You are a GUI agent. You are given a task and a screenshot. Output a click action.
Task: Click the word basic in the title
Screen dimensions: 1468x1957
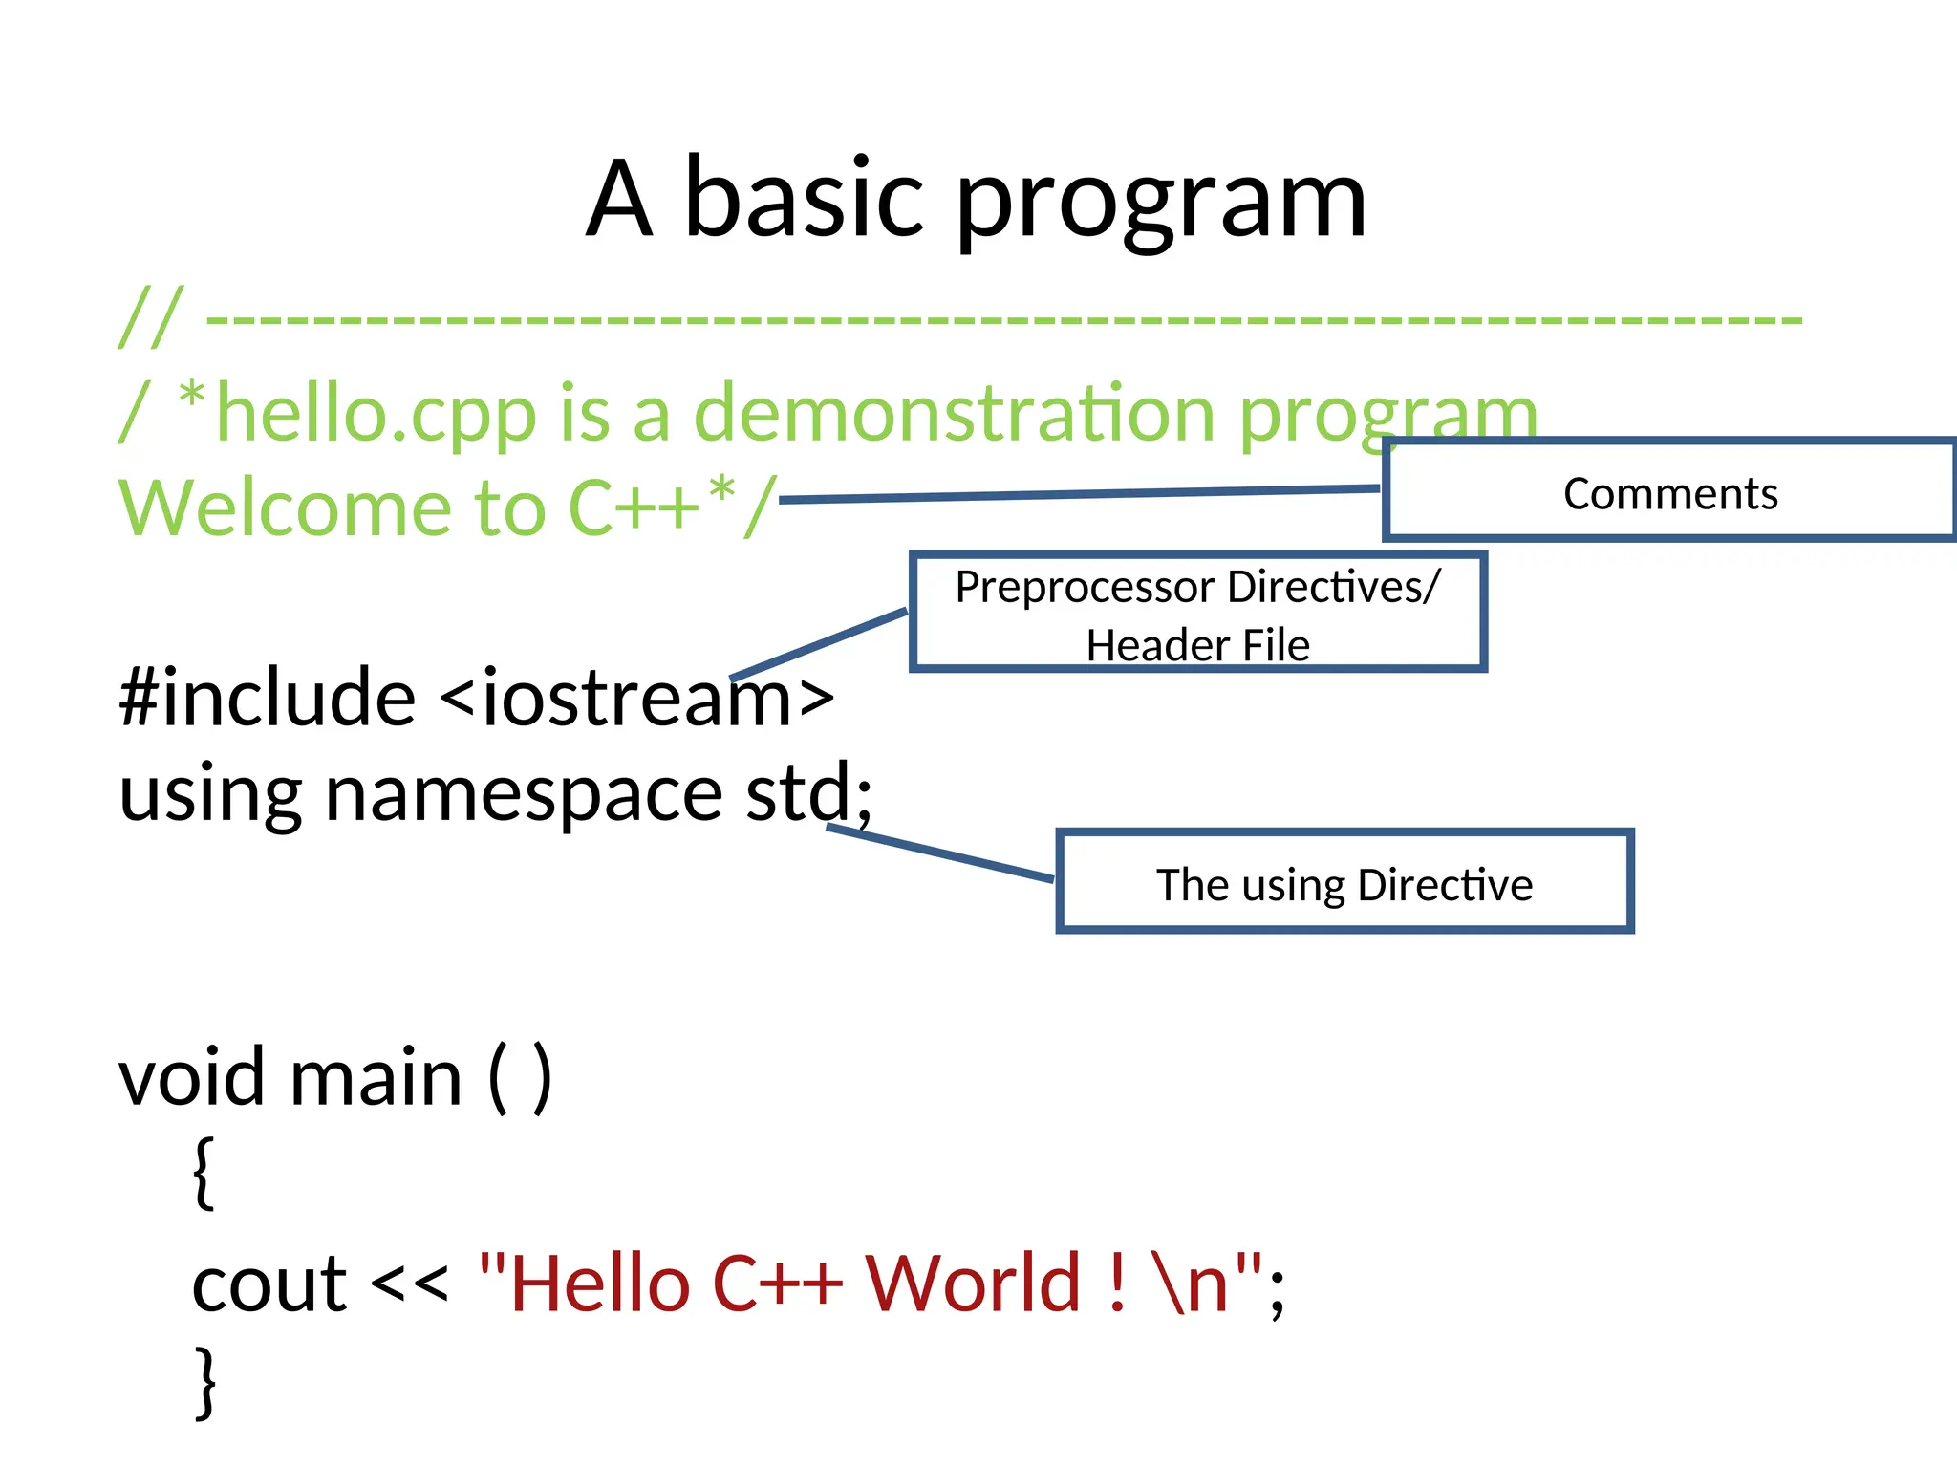click(x=804, y=199)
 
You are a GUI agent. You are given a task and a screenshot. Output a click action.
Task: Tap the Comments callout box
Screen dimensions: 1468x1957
click(x=1669, y=491)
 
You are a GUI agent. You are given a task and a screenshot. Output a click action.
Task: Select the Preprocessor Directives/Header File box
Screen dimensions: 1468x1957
click(x=1197, y=613)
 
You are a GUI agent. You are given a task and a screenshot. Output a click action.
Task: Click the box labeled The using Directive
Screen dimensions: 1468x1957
click(x=1344, y=882)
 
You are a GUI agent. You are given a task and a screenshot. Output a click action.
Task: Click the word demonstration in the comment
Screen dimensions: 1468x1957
click(x=954, y=413)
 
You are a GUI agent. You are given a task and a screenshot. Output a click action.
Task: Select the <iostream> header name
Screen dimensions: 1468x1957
click(x=637, y=698)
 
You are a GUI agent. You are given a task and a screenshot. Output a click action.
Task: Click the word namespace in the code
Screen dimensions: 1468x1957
click(x=524, y=793)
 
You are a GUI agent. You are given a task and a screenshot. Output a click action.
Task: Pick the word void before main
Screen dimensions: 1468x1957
click(x=191, y=1077)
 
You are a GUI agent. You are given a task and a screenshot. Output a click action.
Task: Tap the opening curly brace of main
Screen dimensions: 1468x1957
click(x=204, y=1173)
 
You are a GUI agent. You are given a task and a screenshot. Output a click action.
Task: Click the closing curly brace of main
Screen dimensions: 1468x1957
click(x=204, y=1381)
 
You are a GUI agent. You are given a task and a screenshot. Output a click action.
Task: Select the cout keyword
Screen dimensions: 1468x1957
click(x=269, y=1284)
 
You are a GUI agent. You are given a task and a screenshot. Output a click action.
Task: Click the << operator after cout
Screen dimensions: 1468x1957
click(x=409, y=1284)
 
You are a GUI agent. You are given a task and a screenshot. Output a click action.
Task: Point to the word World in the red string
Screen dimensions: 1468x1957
click(x=972, y=1284)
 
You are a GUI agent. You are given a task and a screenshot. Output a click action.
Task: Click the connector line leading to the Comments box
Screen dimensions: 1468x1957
click(x=1080, y=493)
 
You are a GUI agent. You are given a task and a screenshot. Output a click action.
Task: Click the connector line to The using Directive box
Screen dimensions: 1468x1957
click(x=941, y=853)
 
